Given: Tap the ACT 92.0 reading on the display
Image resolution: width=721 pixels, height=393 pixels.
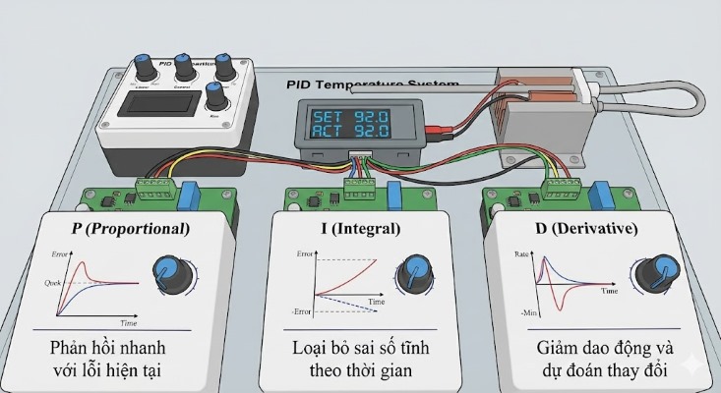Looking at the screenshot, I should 351,131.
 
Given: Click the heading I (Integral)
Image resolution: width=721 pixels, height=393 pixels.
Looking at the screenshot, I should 360,229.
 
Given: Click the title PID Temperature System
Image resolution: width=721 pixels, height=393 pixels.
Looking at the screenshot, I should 371,85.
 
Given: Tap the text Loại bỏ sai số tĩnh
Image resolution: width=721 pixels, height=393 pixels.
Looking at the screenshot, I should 361,350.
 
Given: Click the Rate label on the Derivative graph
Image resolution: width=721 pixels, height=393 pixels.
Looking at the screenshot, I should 523,254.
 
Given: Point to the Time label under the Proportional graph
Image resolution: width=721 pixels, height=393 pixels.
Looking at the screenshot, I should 128,321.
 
